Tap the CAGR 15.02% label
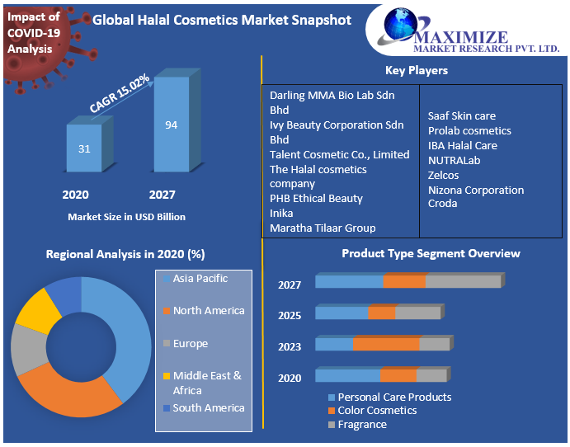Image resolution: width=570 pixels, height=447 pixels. pyautogui.click(x=120, y=93)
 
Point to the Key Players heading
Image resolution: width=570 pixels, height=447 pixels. pyautogui.click(x=417, y=70)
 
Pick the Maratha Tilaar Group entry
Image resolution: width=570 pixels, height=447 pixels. pyautogui.click(x=323, y=228)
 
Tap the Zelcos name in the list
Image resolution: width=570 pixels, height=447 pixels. pyautogui.click(x=443, y=175)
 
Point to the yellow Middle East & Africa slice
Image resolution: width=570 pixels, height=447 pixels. pyautogui.click(x=37, y=309)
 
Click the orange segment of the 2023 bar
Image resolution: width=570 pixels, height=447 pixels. pyautogui.click(x=385, y=344)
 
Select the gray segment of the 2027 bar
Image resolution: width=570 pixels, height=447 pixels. pyautogui.click(x=463, y=282)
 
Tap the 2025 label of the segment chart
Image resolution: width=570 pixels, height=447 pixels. pyautogui.click(x=290, y=316)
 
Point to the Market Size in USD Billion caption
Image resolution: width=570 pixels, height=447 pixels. pyautogui.click(x=126, y=217)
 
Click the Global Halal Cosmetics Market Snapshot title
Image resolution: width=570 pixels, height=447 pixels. pyautogui.click(x=221, y=20)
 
